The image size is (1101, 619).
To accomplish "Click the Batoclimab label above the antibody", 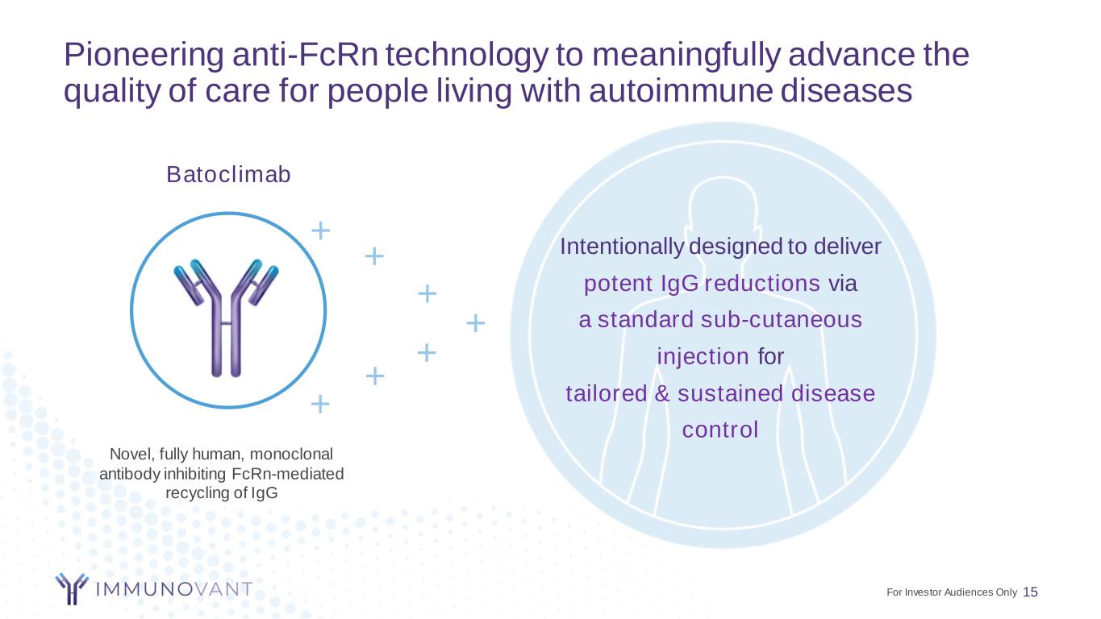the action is click(228, 174).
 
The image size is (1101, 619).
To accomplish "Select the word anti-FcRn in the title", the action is click(305, 54).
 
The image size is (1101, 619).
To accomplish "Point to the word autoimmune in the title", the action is click(681, 91).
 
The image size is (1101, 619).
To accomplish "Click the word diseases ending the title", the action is click(846, 91).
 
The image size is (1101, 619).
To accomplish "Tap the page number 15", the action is click(1030, 592).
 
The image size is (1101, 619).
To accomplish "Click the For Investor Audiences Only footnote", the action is click(952, 592).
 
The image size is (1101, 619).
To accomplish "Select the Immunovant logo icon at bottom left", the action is click(72, 588).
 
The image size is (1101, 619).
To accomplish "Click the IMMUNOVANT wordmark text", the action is click(174, 589).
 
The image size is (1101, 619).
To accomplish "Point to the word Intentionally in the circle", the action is click(622, 247).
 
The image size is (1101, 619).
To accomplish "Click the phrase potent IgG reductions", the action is click(702, 284).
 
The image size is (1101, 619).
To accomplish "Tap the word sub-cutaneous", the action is click(782, 320).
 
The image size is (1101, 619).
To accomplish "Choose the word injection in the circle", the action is click(703, 356).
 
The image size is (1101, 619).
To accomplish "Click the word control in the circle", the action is click(720, 430).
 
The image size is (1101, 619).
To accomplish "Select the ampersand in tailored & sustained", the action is click(662, 393).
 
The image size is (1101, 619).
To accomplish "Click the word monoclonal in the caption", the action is click(291, 454).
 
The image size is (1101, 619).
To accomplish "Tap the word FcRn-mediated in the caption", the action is click(287, 474).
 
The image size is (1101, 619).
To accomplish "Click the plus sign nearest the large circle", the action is click(475, 322).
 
